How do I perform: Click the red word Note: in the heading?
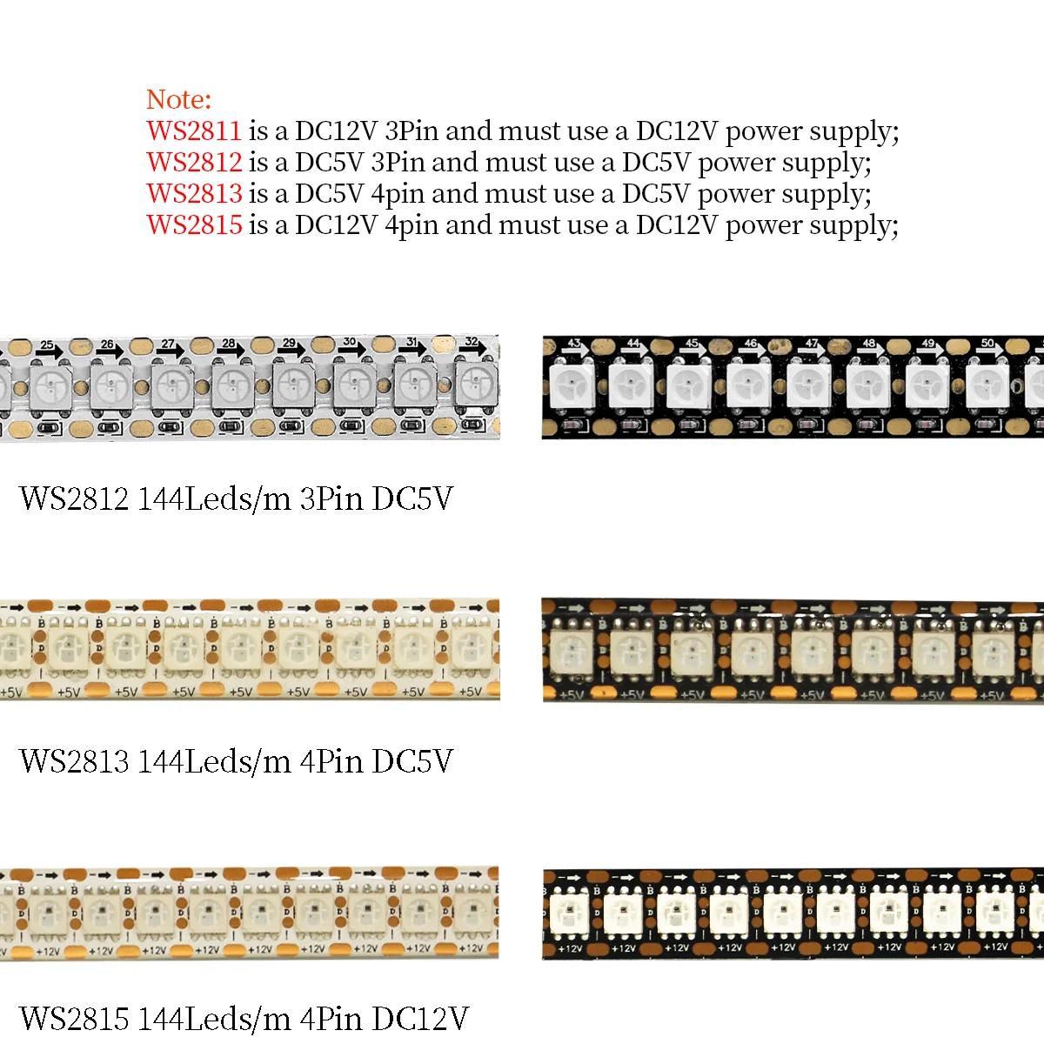(178, 99)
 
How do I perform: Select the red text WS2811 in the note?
(194, 131)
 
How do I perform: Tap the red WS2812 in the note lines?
(194, 163)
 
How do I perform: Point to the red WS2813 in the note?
(194, 194)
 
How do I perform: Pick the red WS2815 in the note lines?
(194, 225)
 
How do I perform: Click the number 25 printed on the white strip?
(47, 345)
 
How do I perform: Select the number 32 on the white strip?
(471, 341)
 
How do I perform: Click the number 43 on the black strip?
(573, 344)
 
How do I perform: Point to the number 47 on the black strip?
(811, 344)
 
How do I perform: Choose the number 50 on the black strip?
(987, 343)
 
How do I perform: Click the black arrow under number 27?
(172, 352)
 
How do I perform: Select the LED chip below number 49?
(927, 385)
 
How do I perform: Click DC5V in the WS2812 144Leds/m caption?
(412, 499)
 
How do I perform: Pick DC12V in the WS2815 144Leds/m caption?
(420, 1019)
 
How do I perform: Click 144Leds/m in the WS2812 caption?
(214, 499)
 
